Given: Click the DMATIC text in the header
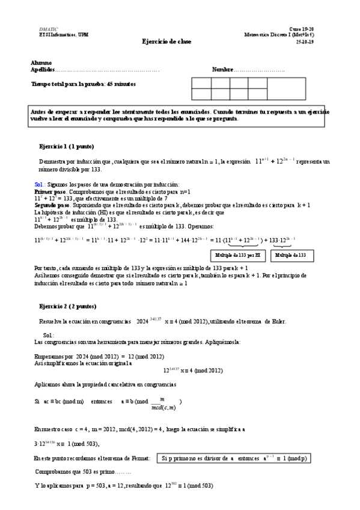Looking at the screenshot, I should tap(48, 29).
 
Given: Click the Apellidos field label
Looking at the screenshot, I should tap(43, 70).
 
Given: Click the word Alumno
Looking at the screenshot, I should tap(41, 63).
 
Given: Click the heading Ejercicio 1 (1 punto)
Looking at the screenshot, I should tap(66, 146).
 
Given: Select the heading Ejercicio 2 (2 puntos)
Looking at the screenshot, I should tap(67, 307).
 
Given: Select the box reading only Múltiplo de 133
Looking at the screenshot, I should tap(292, 256).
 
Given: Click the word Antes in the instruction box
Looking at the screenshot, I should tap(39, 112).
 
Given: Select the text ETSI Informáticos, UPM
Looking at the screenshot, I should tap(58, 34).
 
